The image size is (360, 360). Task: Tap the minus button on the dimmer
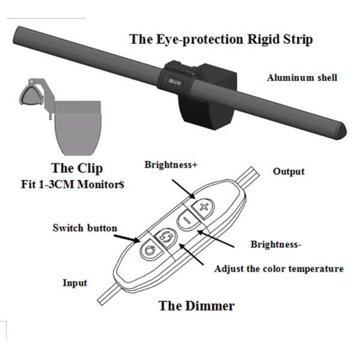[186, 221]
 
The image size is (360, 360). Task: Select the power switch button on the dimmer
[148, 249]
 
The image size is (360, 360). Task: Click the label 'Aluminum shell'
[302, 77]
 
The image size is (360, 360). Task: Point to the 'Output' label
[289, 172]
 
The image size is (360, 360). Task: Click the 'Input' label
[75, 283]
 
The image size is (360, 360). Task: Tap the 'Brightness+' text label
[171, 164]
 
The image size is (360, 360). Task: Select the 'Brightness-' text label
[275, 244]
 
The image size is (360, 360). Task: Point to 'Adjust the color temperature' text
[279, 269]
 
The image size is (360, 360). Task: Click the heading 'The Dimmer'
[196, 305]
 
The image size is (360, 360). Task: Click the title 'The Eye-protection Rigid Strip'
[221, 40]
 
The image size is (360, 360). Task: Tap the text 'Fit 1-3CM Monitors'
[73, 185]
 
